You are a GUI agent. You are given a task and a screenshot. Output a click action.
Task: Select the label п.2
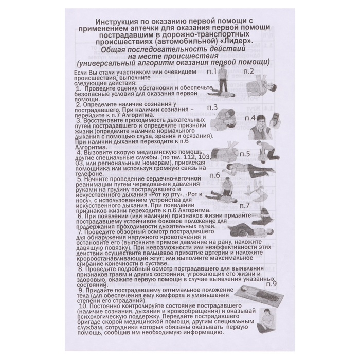click(x=249, y=71)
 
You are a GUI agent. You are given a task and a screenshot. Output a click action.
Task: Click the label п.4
click(x=251, y=117)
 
